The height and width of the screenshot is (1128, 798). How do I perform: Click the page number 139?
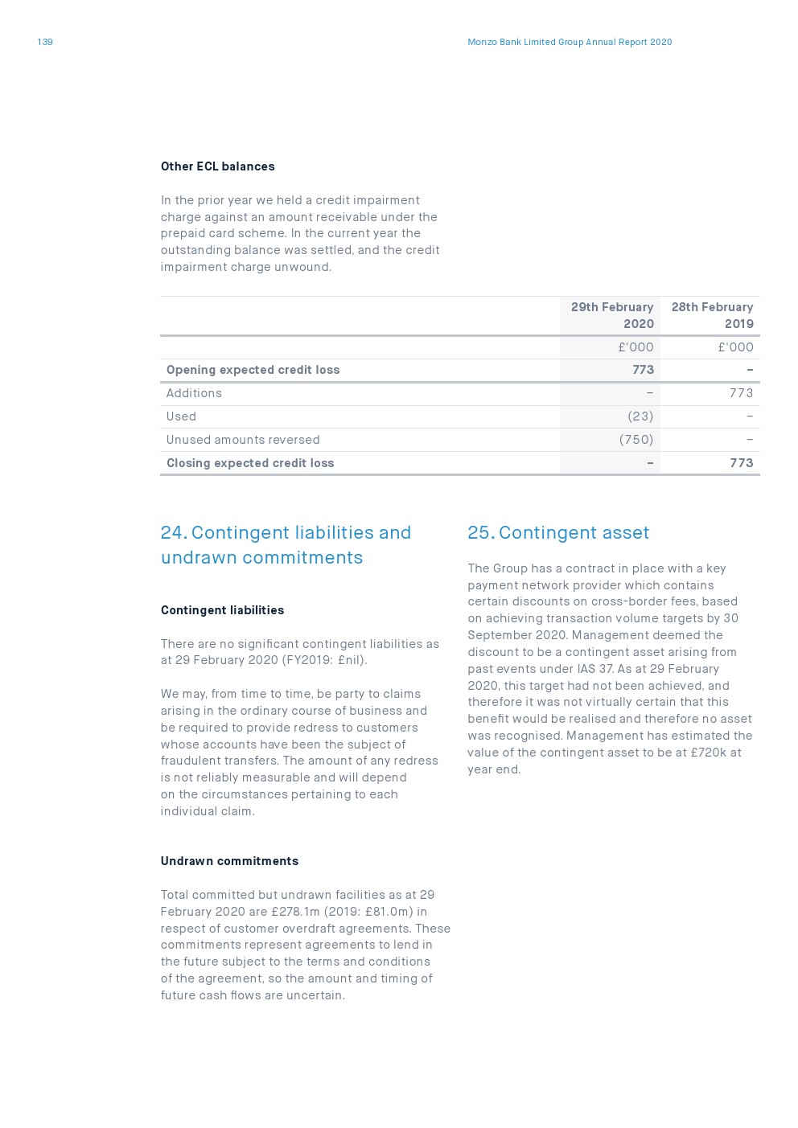(45, 42)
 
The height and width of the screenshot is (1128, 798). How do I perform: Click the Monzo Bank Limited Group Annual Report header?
(570, 42)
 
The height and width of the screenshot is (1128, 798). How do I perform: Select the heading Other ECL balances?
(217, 166)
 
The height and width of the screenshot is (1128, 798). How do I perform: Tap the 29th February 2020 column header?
(612, 315)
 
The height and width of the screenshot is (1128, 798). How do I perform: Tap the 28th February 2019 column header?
(712, 315)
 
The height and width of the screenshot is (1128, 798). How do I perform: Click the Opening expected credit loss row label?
(253, 370)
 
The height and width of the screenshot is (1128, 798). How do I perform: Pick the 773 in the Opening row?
(643, 370)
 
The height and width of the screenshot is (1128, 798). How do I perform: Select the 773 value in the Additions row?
(741, 393)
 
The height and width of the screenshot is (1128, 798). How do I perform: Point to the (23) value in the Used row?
(640, 416)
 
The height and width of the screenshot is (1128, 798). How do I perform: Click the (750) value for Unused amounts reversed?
(636, 440)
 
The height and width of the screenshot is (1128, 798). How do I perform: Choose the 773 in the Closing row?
(741, 463)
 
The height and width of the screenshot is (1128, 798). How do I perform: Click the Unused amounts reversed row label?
(243, 440)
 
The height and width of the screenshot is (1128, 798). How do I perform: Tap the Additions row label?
(194, 393)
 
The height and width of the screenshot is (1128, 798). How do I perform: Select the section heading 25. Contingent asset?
(558, 533)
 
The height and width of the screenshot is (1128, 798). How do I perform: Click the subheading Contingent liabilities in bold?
(222, 610)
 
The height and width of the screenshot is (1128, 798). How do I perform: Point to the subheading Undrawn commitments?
(229, 861)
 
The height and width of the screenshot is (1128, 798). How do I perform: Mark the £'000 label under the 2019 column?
(735, 347)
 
